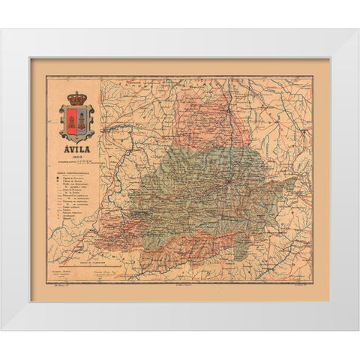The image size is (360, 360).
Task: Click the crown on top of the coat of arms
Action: tap(76, 97)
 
